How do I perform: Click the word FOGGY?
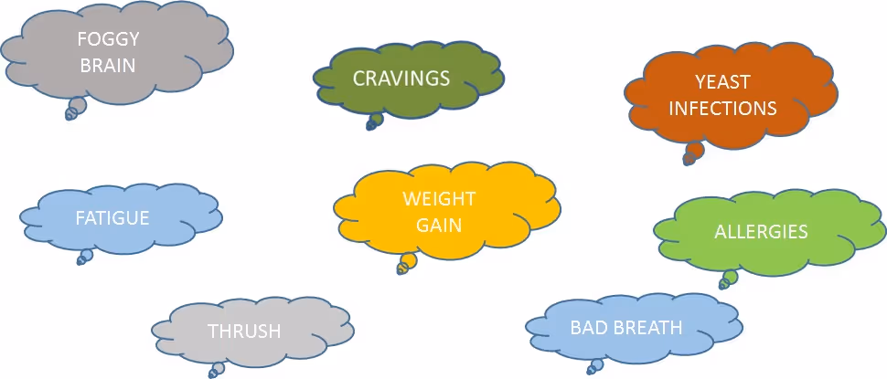click(x=108, y=41)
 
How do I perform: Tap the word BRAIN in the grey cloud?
click(x=108, y=65)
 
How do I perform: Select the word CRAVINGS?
click(x=401, y=78)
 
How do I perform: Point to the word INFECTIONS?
click(x=722, y=108)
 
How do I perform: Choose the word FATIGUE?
click(x=112, y=218)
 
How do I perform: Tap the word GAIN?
click(x=439, y=224)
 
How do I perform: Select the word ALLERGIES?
click(x=761, y=231)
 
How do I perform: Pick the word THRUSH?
click(x=244, y=331)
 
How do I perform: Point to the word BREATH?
click(x=648, y=327)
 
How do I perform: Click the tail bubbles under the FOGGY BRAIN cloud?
click(x=75, y=109)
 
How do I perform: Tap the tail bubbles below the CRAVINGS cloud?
click(x=375, y=121)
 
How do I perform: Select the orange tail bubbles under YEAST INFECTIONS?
click(x=692, y=153)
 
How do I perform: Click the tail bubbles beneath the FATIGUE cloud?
click(x=85, y=258)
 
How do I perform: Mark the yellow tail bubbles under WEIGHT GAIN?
click(x=407, y=264)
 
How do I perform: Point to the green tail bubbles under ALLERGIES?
click(x=728, y=279)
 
